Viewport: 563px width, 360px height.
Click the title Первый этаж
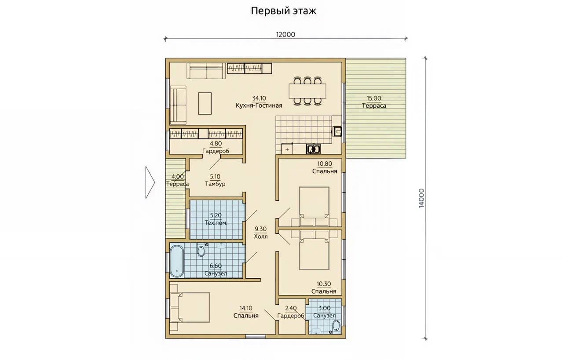[284, 11]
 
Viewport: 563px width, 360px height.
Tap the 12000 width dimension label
[285, 34]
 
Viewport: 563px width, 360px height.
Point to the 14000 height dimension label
[421, 198]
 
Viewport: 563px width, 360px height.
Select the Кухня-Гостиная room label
[259, 105]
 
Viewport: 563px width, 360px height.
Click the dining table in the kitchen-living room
[307, 91]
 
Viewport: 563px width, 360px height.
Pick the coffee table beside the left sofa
[205, 103]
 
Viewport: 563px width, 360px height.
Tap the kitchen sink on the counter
[314, 149]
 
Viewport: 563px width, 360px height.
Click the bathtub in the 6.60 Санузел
[177, 261]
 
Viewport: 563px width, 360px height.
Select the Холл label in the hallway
[261, 236]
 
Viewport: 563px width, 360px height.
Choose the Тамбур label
[215, 184]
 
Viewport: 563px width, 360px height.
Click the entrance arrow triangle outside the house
[150, 182]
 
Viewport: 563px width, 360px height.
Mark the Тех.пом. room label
[216, 223]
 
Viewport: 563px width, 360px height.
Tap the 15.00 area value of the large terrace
[374, 98]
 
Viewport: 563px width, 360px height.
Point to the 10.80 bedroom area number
[325, 164]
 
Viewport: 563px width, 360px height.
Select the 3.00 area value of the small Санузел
[325, 308]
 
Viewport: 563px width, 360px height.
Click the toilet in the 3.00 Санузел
[336, 326]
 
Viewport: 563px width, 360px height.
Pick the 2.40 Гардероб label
[291, 312]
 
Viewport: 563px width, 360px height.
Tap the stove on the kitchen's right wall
[337, 131]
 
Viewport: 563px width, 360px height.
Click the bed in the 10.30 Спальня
[314, 254]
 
